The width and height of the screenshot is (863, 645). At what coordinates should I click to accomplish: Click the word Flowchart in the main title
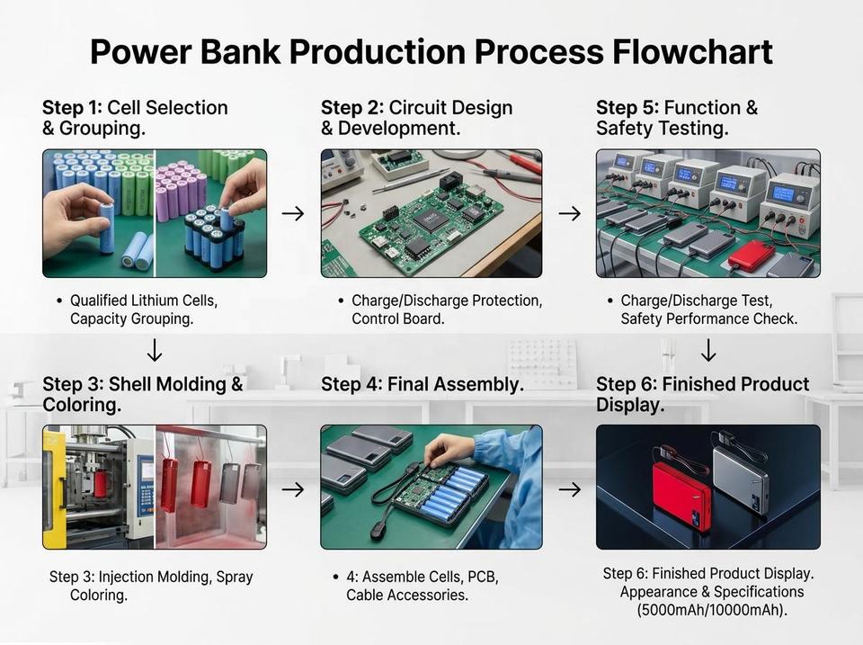692,52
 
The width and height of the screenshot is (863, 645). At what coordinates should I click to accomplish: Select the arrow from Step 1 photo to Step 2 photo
293,213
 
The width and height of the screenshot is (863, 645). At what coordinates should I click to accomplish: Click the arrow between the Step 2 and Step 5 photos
570,213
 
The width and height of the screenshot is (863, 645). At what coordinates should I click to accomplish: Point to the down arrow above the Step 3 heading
155,350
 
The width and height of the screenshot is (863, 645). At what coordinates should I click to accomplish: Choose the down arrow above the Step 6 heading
708,350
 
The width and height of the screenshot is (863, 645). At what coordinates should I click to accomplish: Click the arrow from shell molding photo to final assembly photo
293,489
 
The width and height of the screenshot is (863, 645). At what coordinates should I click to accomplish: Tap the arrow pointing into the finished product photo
570,489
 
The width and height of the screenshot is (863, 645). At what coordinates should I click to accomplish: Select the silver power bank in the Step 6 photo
740,479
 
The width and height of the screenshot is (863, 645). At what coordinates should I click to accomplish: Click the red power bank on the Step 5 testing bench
752,254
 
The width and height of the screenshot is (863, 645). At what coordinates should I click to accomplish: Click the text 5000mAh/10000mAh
712,610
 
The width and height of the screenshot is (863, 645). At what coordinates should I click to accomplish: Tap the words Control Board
398,319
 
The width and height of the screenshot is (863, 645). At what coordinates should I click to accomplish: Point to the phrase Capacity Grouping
131,319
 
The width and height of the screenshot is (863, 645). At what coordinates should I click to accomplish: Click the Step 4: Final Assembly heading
423,384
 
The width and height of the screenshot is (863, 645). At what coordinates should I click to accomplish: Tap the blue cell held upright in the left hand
106,228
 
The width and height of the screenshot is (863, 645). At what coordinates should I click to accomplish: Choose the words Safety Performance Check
709,319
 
